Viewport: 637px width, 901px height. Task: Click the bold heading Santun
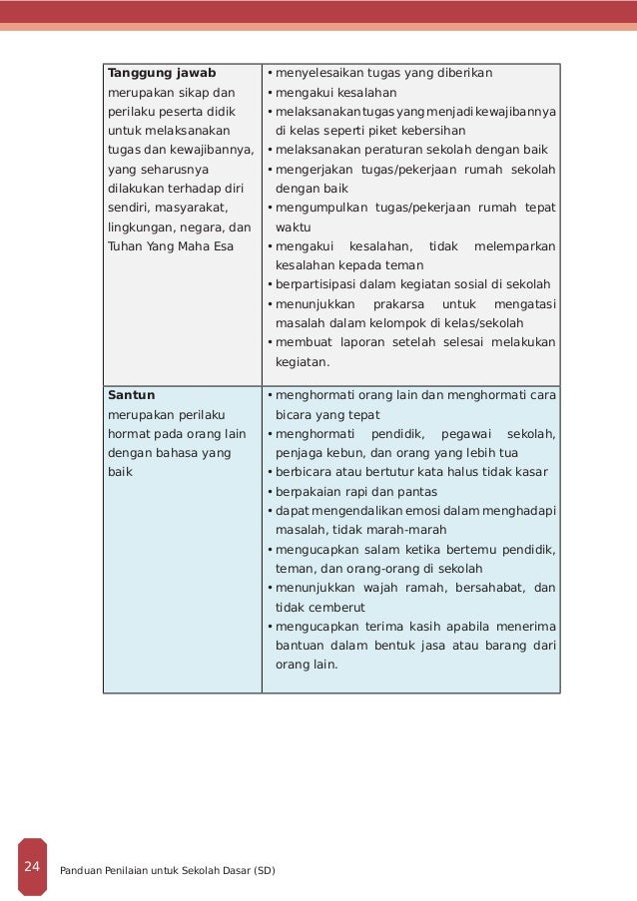[x=131, y=395]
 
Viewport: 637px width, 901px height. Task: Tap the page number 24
[x=32, y=866]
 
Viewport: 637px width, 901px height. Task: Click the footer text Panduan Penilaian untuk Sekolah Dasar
[x=168, y=870]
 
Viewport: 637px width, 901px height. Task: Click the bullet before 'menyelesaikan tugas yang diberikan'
[x=270, y=74]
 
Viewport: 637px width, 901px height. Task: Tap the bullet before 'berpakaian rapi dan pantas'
[x=270, y=492]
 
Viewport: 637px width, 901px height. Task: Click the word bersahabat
[x=489, y=589]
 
